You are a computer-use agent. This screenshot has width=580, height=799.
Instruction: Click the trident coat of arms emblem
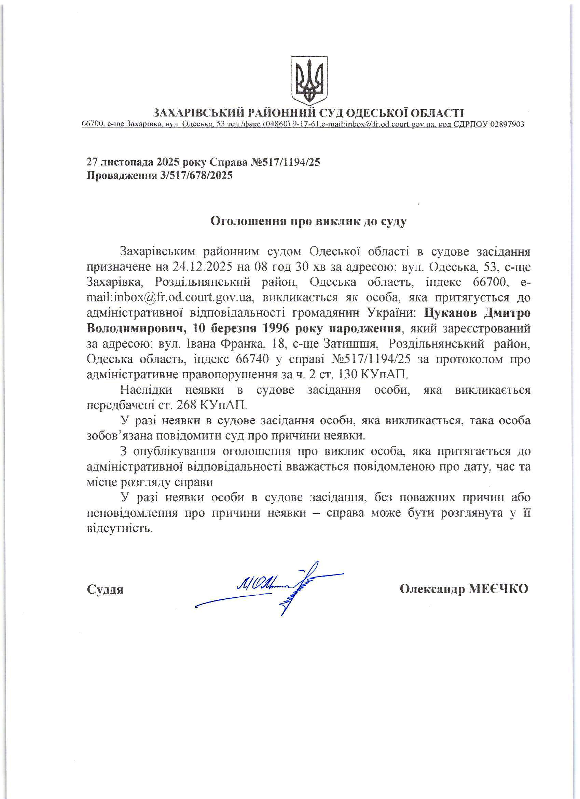pos(309,81)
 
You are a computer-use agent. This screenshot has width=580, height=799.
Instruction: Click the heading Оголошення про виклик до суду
pos(308,221)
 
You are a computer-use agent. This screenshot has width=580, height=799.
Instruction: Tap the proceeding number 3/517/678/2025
pos(196,175)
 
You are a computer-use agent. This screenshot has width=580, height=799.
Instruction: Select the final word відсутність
pos(120,528)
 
